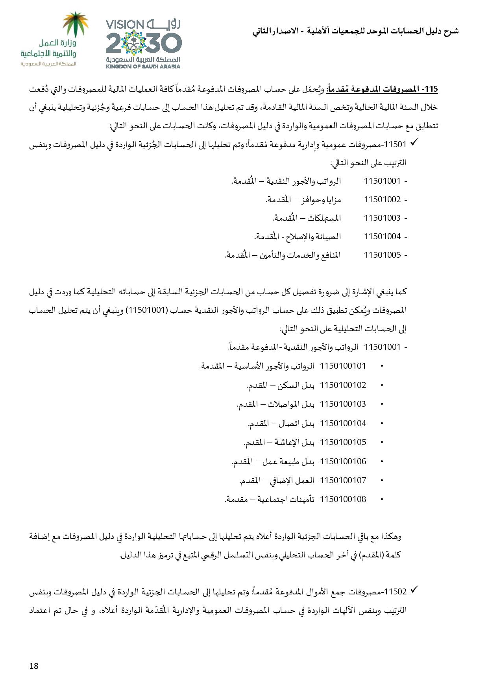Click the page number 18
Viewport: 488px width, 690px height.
(34, 666)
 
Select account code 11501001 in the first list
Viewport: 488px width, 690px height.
(382, 181)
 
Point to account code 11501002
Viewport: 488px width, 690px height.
(382, 199)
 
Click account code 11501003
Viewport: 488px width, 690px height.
(382, 218)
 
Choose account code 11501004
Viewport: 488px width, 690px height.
(382, 236)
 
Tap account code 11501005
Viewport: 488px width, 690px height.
(382, 255)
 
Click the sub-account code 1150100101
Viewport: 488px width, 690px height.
(343, 366)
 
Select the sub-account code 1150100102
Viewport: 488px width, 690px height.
(343, 385)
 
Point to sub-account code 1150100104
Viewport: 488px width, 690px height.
(343, 423)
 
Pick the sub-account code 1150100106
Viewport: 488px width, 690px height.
(343, 461)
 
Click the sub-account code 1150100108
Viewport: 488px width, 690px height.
(343, 499)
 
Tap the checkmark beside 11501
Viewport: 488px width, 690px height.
(414, 144)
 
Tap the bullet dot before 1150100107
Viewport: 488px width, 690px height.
(382, 481)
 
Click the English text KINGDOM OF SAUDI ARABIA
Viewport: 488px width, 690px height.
(143, 66)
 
